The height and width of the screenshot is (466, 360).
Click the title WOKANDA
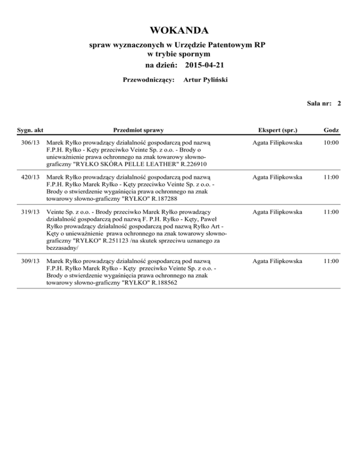click(180, 31)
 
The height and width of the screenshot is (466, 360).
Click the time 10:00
click(331, 142)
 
